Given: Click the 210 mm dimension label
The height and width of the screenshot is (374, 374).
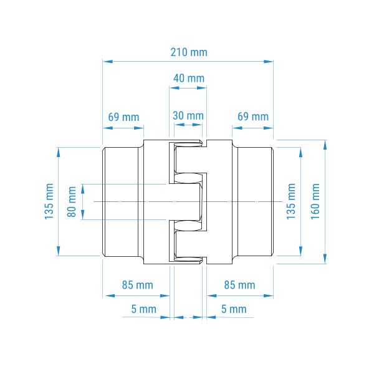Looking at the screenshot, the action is point(189,52).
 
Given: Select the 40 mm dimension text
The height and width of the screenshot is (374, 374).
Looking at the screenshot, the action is point(189,79).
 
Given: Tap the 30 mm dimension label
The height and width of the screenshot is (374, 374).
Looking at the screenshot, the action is point(188,116).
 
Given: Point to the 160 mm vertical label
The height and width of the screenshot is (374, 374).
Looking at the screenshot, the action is point(315,201).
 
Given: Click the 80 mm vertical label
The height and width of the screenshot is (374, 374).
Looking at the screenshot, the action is point(72,202).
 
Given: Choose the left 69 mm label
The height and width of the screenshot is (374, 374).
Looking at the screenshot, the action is point(123,117).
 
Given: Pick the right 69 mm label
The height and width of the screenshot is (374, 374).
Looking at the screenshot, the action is point(253,117).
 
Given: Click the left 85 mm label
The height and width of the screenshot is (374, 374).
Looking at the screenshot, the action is point(138,285).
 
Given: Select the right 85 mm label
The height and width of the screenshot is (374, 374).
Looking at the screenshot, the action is point(239,285).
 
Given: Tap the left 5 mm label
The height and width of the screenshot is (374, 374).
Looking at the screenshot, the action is point(144,309).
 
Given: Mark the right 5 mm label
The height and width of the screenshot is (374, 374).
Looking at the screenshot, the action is point(234,309).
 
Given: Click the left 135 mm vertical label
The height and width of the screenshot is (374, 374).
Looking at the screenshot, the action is point(49,201).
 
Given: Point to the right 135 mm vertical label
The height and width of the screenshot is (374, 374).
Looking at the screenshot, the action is point(291,201).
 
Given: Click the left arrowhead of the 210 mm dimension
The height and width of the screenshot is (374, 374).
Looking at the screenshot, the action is point(108,62).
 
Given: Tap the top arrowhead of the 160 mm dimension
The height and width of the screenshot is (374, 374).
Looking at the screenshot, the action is point(325,145).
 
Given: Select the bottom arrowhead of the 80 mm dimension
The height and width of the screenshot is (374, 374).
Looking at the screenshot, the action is point(83,214).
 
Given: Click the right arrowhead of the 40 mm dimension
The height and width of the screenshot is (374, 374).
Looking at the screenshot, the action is point(201,88).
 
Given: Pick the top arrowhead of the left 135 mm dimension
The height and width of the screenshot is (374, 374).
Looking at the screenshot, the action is point(59,153).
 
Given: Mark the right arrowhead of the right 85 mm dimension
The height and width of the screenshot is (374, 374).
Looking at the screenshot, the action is point(268,295).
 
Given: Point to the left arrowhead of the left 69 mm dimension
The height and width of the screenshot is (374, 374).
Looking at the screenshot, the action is point(108,128).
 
